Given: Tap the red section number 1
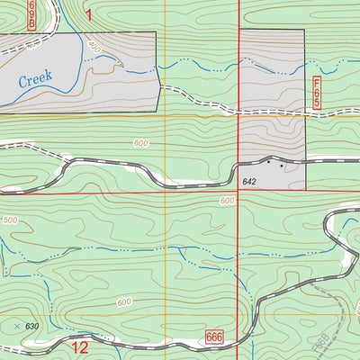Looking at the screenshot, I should pos(88,13).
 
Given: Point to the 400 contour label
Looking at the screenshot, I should pos(94,45).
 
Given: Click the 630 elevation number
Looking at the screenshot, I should pos(34,327).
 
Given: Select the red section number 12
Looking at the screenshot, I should pos(80,346).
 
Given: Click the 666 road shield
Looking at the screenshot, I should pos(213,336).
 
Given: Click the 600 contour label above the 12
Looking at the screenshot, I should pos(124,301).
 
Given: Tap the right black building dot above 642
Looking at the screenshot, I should pos(281,166).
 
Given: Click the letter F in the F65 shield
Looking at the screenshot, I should pos(318,82).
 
